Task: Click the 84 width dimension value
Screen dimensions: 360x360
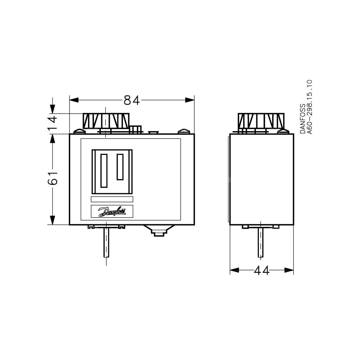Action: (132, 100)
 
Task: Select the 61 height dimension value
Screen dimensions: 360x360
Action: (53, 178)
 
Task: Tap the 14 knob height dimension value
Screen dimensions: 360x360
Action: (53, 123)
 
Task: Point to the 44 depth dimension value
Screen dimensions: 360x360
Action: (261, 271)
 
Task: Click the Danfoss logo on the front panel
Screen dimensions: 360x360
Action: (112, 211)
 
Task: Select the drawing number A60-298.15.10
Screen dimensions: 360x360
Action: (310, 107)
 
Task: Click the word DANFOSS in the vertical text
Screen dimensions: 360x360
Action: (303, 119)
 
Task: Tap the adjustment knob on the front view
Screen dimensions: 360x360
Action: (106, 121)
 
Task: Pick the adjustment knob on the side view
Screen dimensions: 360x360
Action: (261, 121)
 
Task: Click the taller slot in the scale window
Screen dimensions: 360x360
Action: (104, 171)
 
